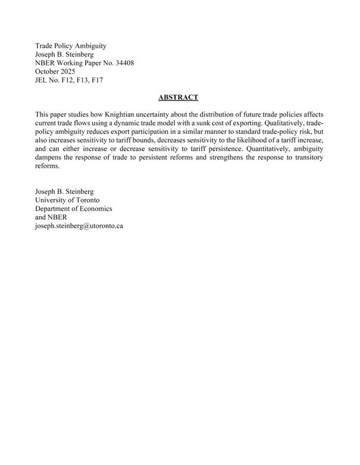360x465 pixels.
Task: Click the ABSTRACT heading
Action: (179, 97)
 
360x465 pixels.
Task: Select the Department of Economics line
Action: (74, 209)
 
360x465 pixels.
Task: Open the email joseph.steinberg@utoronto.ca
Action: (79, 226)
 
